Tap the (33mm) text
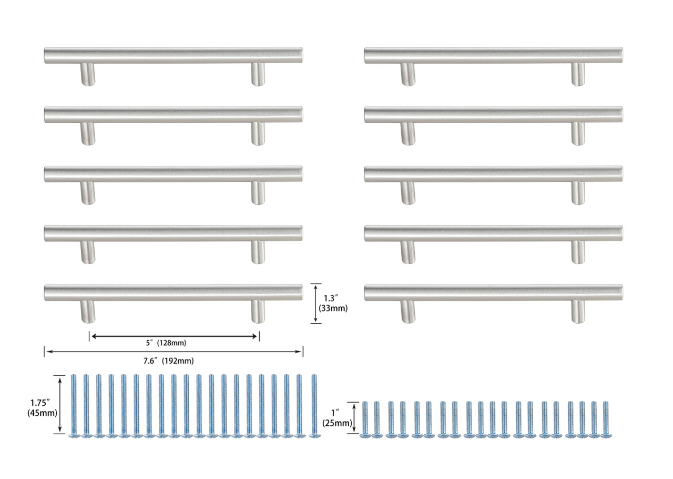click(x=335, y=308)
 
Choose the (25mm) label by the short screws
click(x=336, y=423)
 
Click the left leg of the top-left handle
click(x=88, y=74)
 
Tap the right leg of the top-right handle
click(x=578, y=74)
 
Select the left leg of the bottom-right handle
click(x=407, y=312)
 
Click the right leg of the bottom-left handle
click(x=258, y=312)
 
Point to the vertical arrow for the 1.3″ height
click(x=315, y=303)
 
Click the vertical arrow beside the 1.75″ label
click(x=62, y=404)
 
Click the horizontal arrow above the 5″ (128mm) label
click(x=174, y=335)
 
